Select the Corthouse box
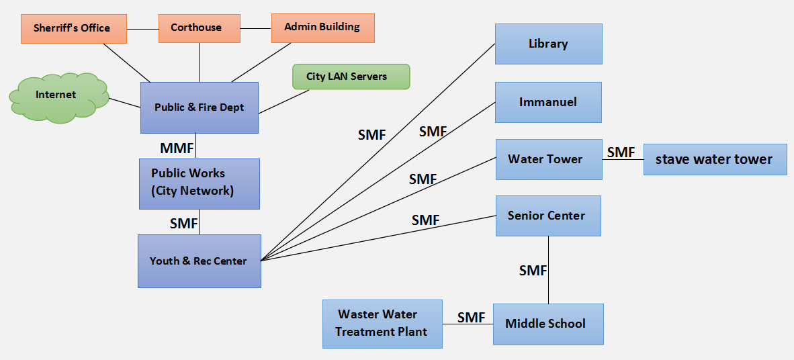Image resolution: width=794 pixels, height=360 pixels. pos(199,28)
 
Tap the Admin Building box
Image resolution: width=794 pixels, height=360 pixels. pos(322,28)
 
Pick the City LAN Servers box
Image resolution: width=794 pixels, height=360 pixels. pos(350,77)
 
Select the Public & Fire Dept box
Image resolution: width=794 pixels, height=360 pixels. pos(199,107)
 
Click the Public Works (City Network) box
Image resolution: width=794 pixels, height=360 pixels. pos(199,183)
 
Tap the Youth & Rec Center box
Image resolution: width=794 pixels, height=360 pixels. pos(199,261)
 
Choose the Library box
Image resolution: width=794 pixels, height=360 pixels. pos(548,44)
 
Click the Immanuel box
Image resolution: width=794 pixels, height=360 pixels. pos(548,102)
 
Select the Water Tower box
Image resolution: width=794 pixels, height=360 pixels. pos(548,159)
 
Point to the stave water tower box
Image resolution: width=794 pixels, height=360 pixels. pos(714,160)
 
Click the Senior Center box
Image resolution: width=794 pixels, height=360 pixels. pos(548,216)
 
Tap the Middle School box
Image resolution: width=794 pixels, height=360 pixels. pos(547,324)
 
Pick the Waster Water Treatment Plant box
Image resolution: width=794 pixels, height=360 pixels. pos(382,323)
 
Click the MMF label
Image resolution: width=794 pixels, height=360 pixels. pos(177,148)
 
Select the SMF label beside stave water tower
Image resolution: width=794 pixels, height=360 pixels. pos(621,152)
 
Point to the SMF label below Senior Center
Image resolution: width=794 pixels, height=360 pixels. pos(533,271)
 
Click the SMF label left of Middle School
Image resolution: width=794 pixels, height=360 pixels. pos(472,318)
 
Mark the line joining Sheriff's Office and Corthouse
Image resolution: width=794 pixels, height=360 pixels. pos(142,29)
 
